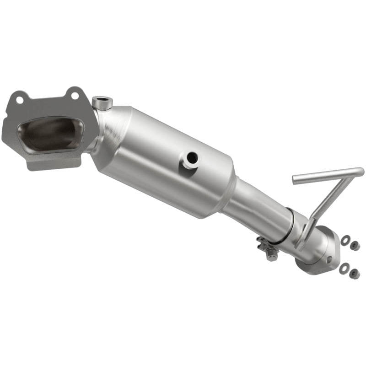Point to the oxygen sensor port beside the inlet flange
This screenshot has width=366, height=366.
[x=102, y=102]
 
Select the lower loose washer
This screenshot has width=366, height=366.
[x=343, y=269]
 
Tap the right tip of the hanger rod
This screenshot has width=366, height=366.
[x=361, y=172]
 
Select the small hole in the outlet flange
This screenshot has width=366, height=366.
[x=329, y=259]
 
